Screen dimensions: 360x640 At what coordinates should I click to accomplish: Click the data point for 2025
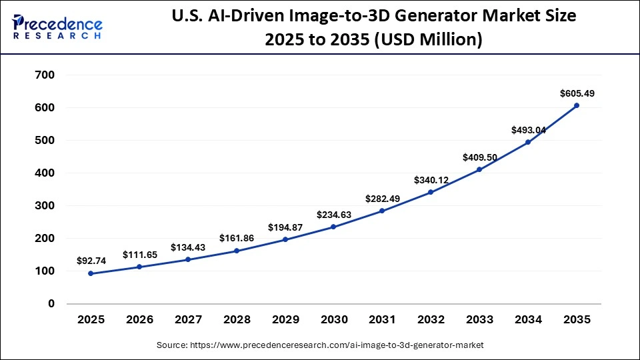pyautogui.click(x=91, y=273)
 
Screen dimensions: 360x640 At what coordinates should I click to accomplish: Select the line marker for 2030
pyautogui.click(x=333, y=227)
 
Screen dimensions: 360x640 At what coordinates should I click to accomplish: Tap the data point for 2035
pyautogui.click(x=576, y=105)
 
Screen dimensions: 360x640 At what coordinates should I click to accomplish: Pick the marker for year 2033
pyautogui.click(x=479, y=169)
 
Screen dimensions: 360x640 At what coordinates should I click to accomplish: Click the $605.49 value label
pyautogui.click(x=577, y=94)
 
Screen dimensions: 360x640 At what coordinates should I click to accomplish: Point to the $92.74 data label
pyautogui.click(x=91, y=261)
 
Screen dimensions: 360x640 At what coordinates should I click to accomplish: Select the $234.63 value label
pyautogui.click(x=333, y=214)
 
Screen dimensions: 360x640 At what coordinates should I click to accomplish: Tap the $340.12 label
pyautogui.click(x=431, y=179)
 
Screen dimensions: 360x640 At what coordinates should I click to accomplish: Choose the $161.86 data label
pyautogui.click(x=236, y=237)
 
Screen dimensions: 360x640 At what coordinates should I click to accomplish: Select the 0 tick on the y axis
pyautogui.click(x=51, y=303)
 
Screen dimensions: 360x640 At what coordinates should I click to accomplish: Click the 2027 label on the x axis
pyautogui.click(x=188, y=320)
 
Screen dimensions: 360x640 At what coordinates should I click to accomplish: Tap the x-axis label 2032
pyautogui.click(x=431, y=320)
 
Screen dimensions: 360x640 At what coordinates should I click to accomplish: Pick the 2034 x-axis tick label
pyautogui.click(x=528, y=320)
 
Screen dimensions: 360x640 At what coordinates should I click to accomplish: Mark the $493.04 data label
pyautogui.click(x=528, y=130)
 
